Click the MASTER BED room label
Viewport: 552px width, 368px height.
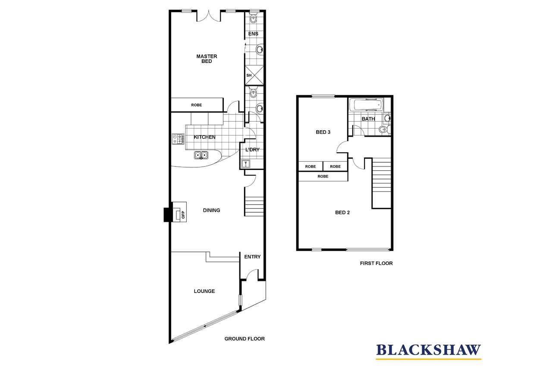tap(207, 59)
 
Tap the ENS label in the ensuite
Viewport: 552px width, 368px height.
tap(253, 34)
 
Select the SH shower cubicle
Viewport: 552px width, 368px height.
tap(254, 75)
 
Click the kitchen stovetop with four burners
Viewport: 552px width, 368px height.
tap(178, 139)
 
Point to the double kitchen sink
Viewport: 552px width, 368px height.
tap(201, 155)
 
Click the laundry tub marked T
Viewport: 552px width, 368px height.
tap(246, 164)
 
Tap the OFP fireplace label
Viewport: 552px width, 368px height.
tap(183, 215)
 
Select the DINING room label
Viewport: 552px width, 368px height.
tap(211, 210)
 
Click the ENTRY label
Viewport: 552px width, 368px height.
tap(252, 257)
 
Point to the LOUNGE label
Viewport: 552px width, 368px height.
tap(204, 291)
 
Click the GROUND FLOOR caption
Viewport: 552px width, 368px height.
tap(245, 339)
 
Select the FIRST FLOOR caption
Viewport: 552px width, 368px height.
tap(376, 263)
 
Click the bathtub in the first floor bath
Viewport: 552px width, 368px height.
tap(366, 104)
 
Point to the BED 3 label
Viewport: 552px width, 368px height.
tap(323, 132)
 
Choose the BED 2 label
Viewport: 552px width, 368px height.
tap(342, 212)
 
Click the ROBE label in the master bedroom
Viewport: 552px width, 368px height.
tap(196, 105)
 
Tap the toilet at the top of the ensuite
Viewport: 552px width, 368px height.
tap(253, 18)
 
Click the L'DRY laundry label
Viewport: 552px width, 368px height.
tap(252, 150)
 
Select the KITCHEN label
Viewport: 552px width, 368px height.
tap(204, 137)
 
